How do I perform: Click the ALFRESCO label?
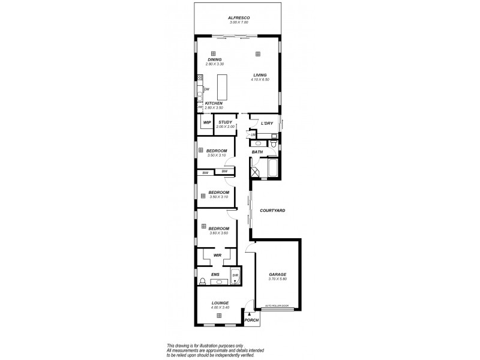(x=238, y=18)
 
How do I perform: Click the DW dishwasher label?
(x=206, y=89)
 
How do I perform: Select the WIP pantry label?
(x=207, y=122)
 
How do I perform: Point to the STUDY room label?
(x=225, y=122)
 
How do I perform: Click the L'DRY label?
(x=266, y=123)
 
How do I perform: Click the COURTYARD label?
(x=272, y=211)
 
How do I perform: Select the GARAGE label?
(x=277, y=275)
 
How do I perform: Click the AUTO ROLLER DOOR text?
(x=277, y=306)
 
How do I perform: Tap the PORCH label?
(x=251, y=320)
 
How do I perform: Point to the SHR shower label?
(x=235, y=276)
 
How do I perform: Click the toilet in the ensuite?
(x=202, y=281)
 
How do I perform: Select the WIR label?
(x=218, y=255)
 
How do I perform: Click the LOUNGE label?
(x=220, y=303)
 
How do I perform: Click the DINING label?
(x=214, y=59)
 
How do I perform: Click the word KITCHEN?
(x=214, y=103)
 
